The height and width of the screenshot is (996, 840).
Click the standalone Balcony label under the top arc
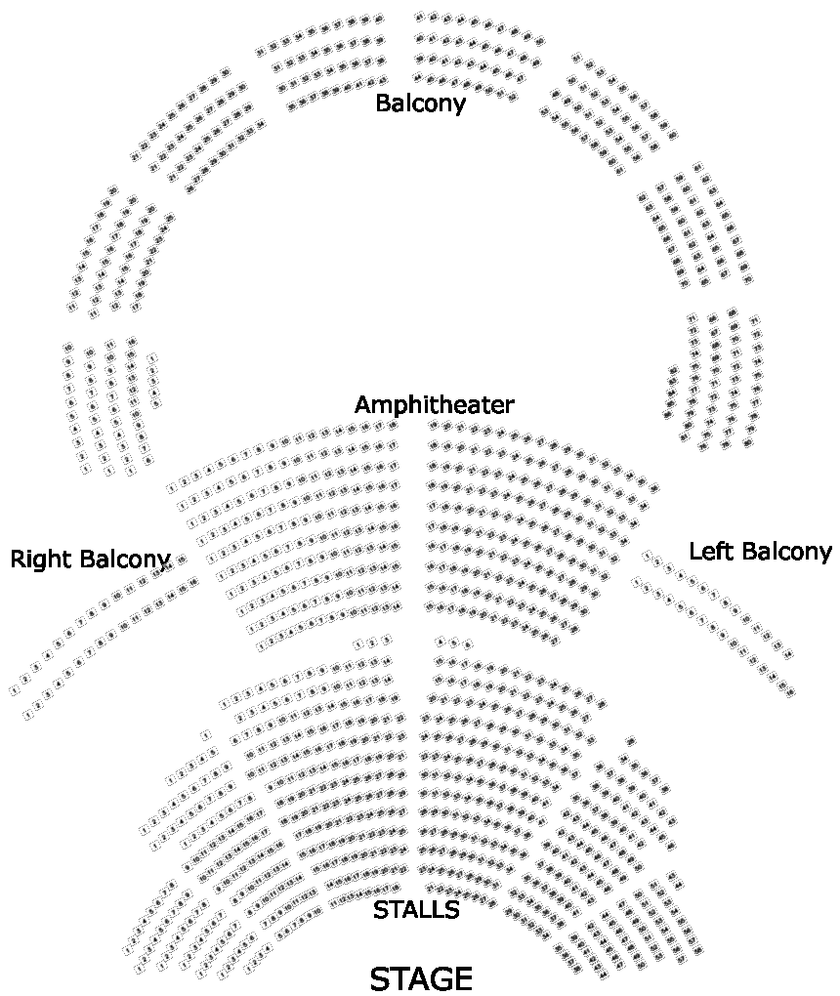click(420, 103)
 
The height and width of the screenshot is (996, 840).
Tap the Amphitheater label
click(434, 404)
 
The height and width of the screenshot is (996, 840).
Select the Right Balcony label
click(90, 560)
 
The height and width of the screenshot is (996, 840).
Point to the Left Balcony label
click(760, 552)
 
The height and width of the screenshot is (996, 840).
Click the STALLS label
click(416, 910)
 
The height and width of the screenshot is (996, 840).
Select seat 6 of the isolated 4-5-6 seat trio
click(468, 644)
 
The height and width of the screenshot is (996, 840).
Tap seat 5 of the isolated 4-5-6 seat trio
click(454, 643)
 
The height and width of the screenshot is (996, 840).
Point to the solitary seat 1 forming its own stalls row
click(205, 734)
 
